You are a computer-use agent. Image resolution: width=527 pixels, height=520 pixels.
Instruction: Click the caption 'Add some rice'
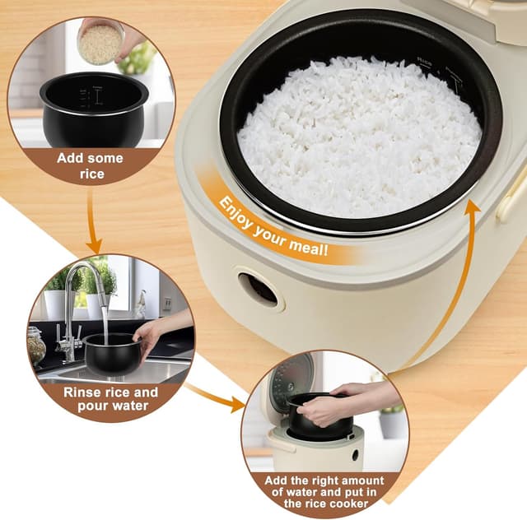click(x=90, y=165)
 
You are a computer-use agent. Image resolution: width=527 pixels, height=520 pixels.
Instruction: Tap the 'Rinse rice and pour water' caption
click(x=110, y=399)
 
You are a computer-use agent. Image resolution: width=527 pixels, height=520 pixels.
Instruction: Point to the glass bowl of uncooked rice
click(x=100, y=43)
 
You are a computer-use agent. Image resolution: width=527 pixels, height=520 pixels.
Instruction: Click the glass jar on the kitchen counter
click(x=36, y=346)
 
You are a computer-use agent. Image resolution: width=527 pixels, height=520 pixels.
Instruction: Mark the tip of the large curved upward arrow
click(x=473, y=204)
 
